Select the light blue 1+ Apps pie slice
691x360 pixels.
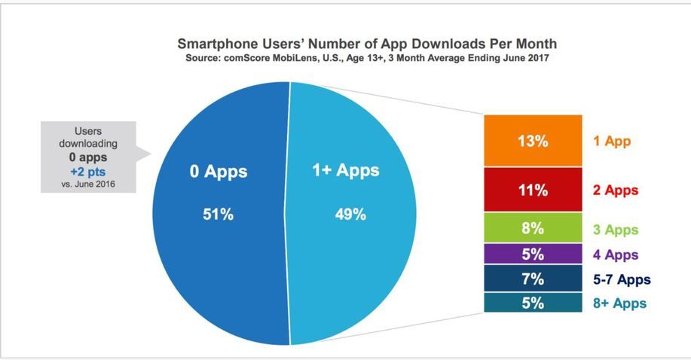coord(354,264)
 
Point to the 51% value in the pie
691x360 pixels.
coord(218,215)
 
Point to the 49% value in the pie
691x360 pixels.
coord(350,215)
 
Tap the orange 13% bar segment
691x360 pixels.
coord(533,141)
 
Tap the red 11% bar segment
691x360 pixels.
coord(533,190)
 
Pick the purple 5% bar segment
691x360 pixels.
coord(533,255)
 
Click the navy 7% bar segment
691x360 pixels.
coord(533,279)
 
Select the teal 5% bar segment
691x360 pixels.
coord(533,304)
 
